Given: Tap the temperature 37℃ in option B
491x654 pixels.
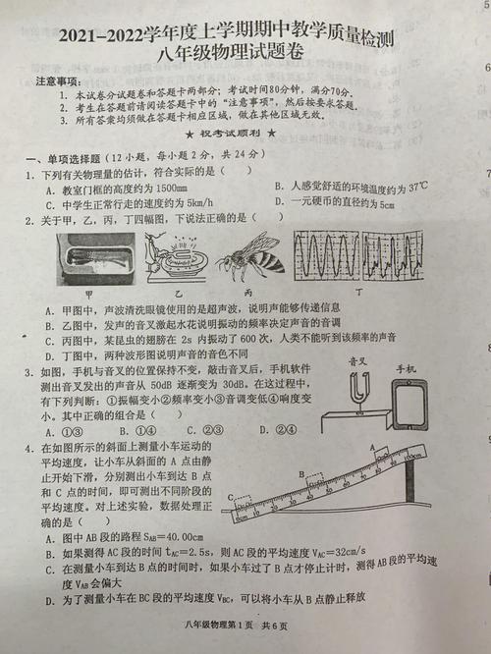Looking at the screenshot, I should pyautogui.click(x=417, y=186).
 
